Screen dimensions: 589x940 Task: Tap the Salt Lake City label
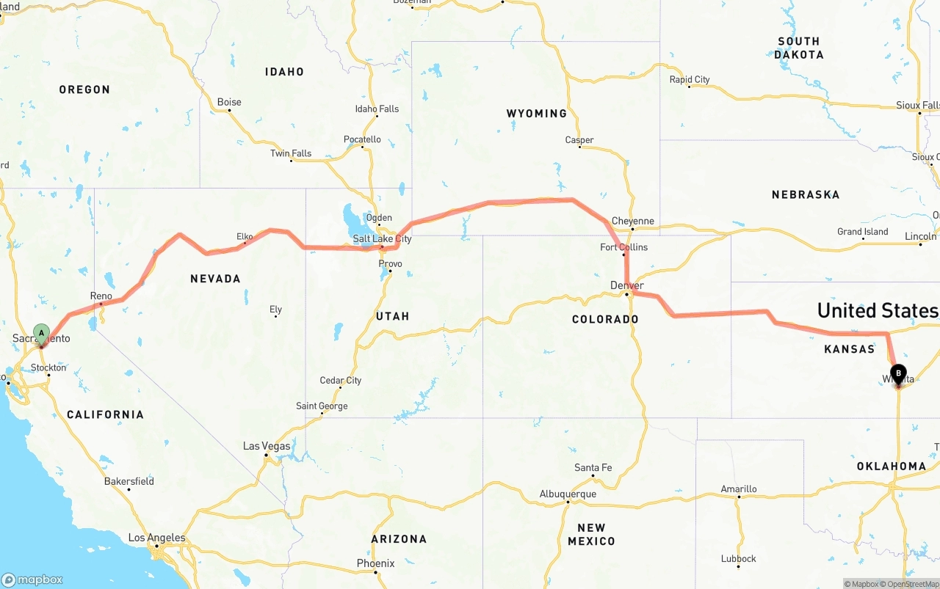pos(382,239)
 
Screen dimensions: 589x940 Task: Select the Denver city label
pos(626,285)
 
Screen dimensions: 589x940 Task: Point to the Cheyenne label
pos(632,221)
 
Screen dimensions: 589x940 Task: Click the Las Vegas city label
pos(267,446)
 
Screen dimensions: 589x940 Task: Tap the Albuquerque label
pos(568,494)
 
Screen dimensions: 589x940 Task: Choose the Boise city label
pos(229,102)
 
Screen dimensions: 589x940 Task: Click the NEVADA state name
pos(215,279)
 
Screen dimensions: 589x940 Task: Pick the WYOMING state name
pos(536,114)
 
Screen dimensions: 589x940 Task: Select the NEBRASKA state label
pos(805,195)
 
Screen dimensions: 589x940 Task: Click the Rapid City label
pos(690,79)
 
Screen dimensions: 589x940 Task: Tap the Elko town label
pos(245,236)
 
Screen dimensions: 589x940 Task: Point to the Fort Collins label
pos(623,247)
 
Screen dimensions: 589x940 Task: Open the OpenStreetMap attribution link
pos(912,584)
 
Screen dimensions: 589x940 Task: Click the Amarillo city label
pos(738,489)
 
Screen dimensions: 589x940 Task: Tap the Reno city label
pos(101,296)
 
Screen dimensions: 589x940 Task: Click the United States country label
pos(878,310)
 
